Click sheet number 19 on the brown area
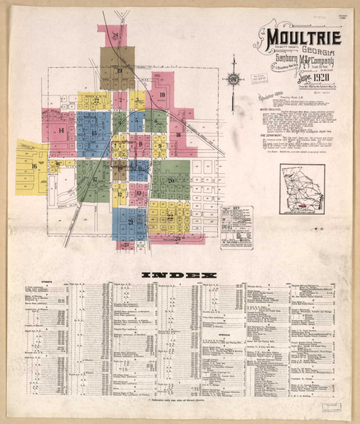click(x=120, y=71)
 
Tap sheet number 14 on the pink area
click(x=62, y=130)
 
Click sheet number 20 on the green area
click(x=170, y=180)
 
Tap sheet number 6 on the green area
click(x=155, y=120)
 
